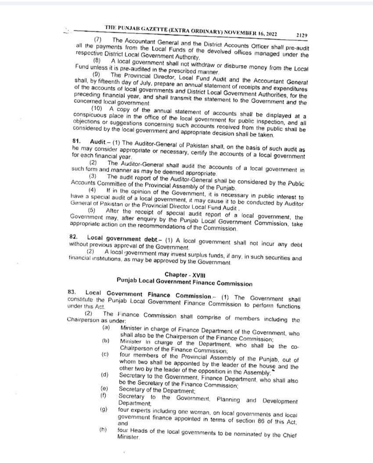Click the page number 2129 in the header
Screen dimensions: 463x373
pyautogui.click(x=302, y=35)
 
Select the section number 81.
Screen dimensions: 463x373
pyautogui.click(x=76, y=141)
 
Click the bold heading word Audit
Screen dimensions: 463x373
pyautogui.click(x=97, y=142)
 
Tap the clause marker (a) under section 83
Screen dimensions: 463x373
pyautogui.click(x=106, y=327)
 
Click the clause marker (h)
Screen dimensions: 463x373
pyautogui.click(x=103, y=430)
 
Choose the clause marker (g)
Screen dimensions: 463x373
pyautogui.click(x=103, y=410)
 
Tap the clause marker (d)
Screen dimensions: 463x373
pyautogui.click(x=104, y=375)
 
